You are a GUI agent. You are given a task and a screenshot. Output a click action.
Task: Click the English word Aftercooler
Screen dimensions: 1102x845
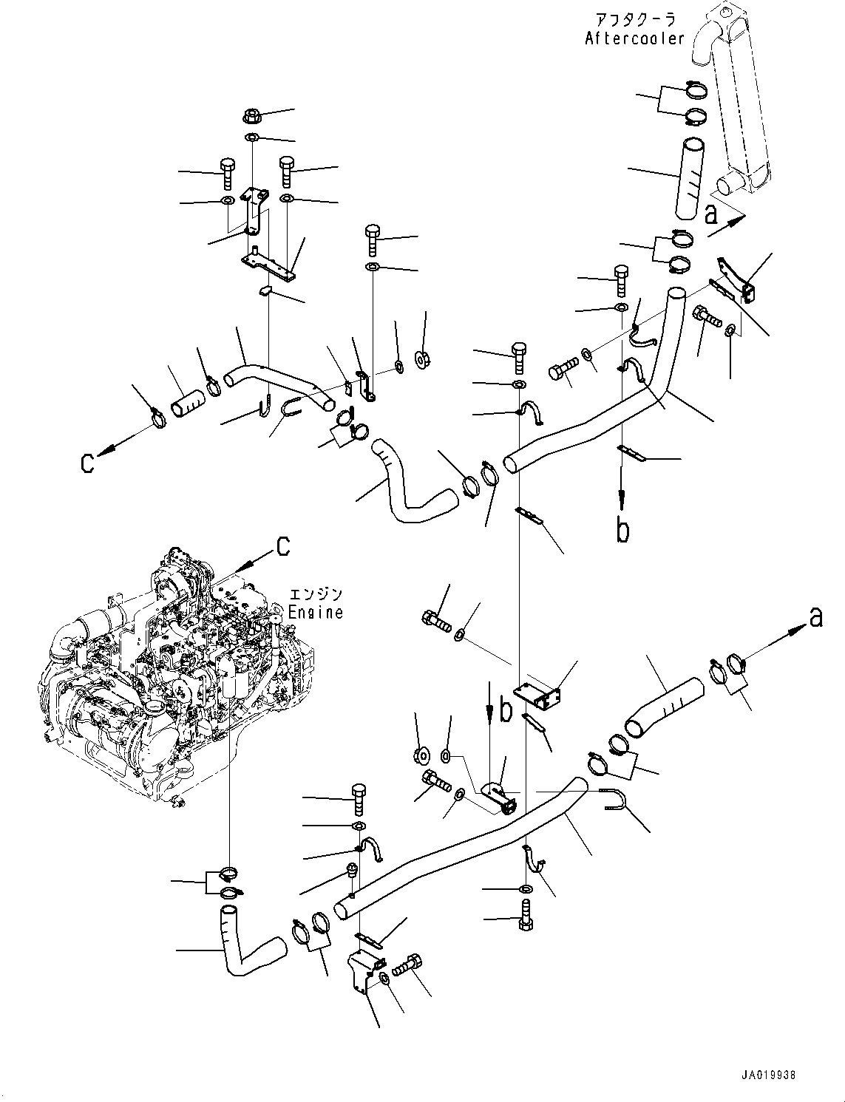tap(634, 39)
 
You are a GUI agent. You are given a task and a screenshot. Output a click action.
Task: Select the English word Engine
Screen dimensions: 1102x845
tap(316, 612)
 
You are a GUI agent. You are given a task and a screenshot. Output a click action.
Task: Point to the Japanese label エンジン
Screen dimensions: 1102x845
tap(316, 594)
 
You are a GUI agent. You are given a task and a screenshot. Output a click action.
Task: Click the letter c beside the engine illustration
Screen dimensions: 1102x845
tap(282, 545)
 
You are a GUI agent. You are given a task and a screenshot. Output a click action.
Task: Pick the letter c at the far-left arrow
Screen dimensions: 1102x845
tap(88, 463)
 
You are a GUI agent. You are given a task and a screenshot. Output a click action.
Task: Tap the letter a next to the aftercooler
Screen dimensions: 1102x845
tap(710, 214)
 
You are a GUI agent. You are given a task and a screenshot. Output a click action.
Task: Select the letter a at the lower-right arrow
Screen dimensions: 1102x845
tap(815, 616)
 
